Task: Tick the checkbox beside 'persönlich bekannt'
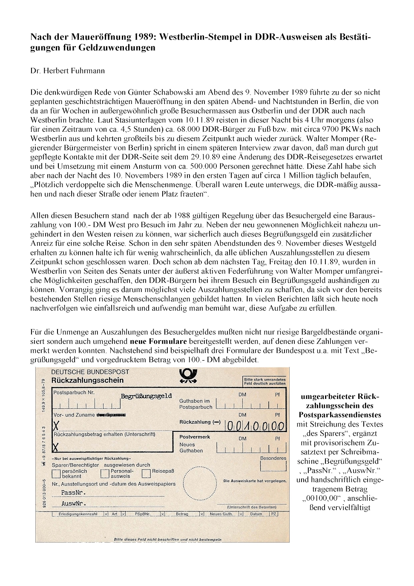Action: (x=56, y=473)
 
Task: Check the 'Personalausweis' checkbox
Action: (x=105, y=473)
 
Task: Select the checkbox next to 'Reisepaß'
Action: (x=146, y=473)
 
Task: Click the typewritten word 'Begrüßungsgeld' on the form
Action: (x=146, y=396)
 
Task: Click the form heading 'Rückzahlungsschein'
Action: (x=87, y=380)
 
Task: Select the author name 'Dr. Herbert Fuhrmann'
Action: (x=67, y=71)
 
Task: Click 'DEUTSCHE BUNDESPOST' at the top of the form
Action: (x=90, y=372)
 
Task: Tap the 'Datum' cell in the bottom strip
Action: (x=256, y=514)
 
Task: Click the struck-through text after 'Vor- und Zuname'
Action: (x=112, y=415)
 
